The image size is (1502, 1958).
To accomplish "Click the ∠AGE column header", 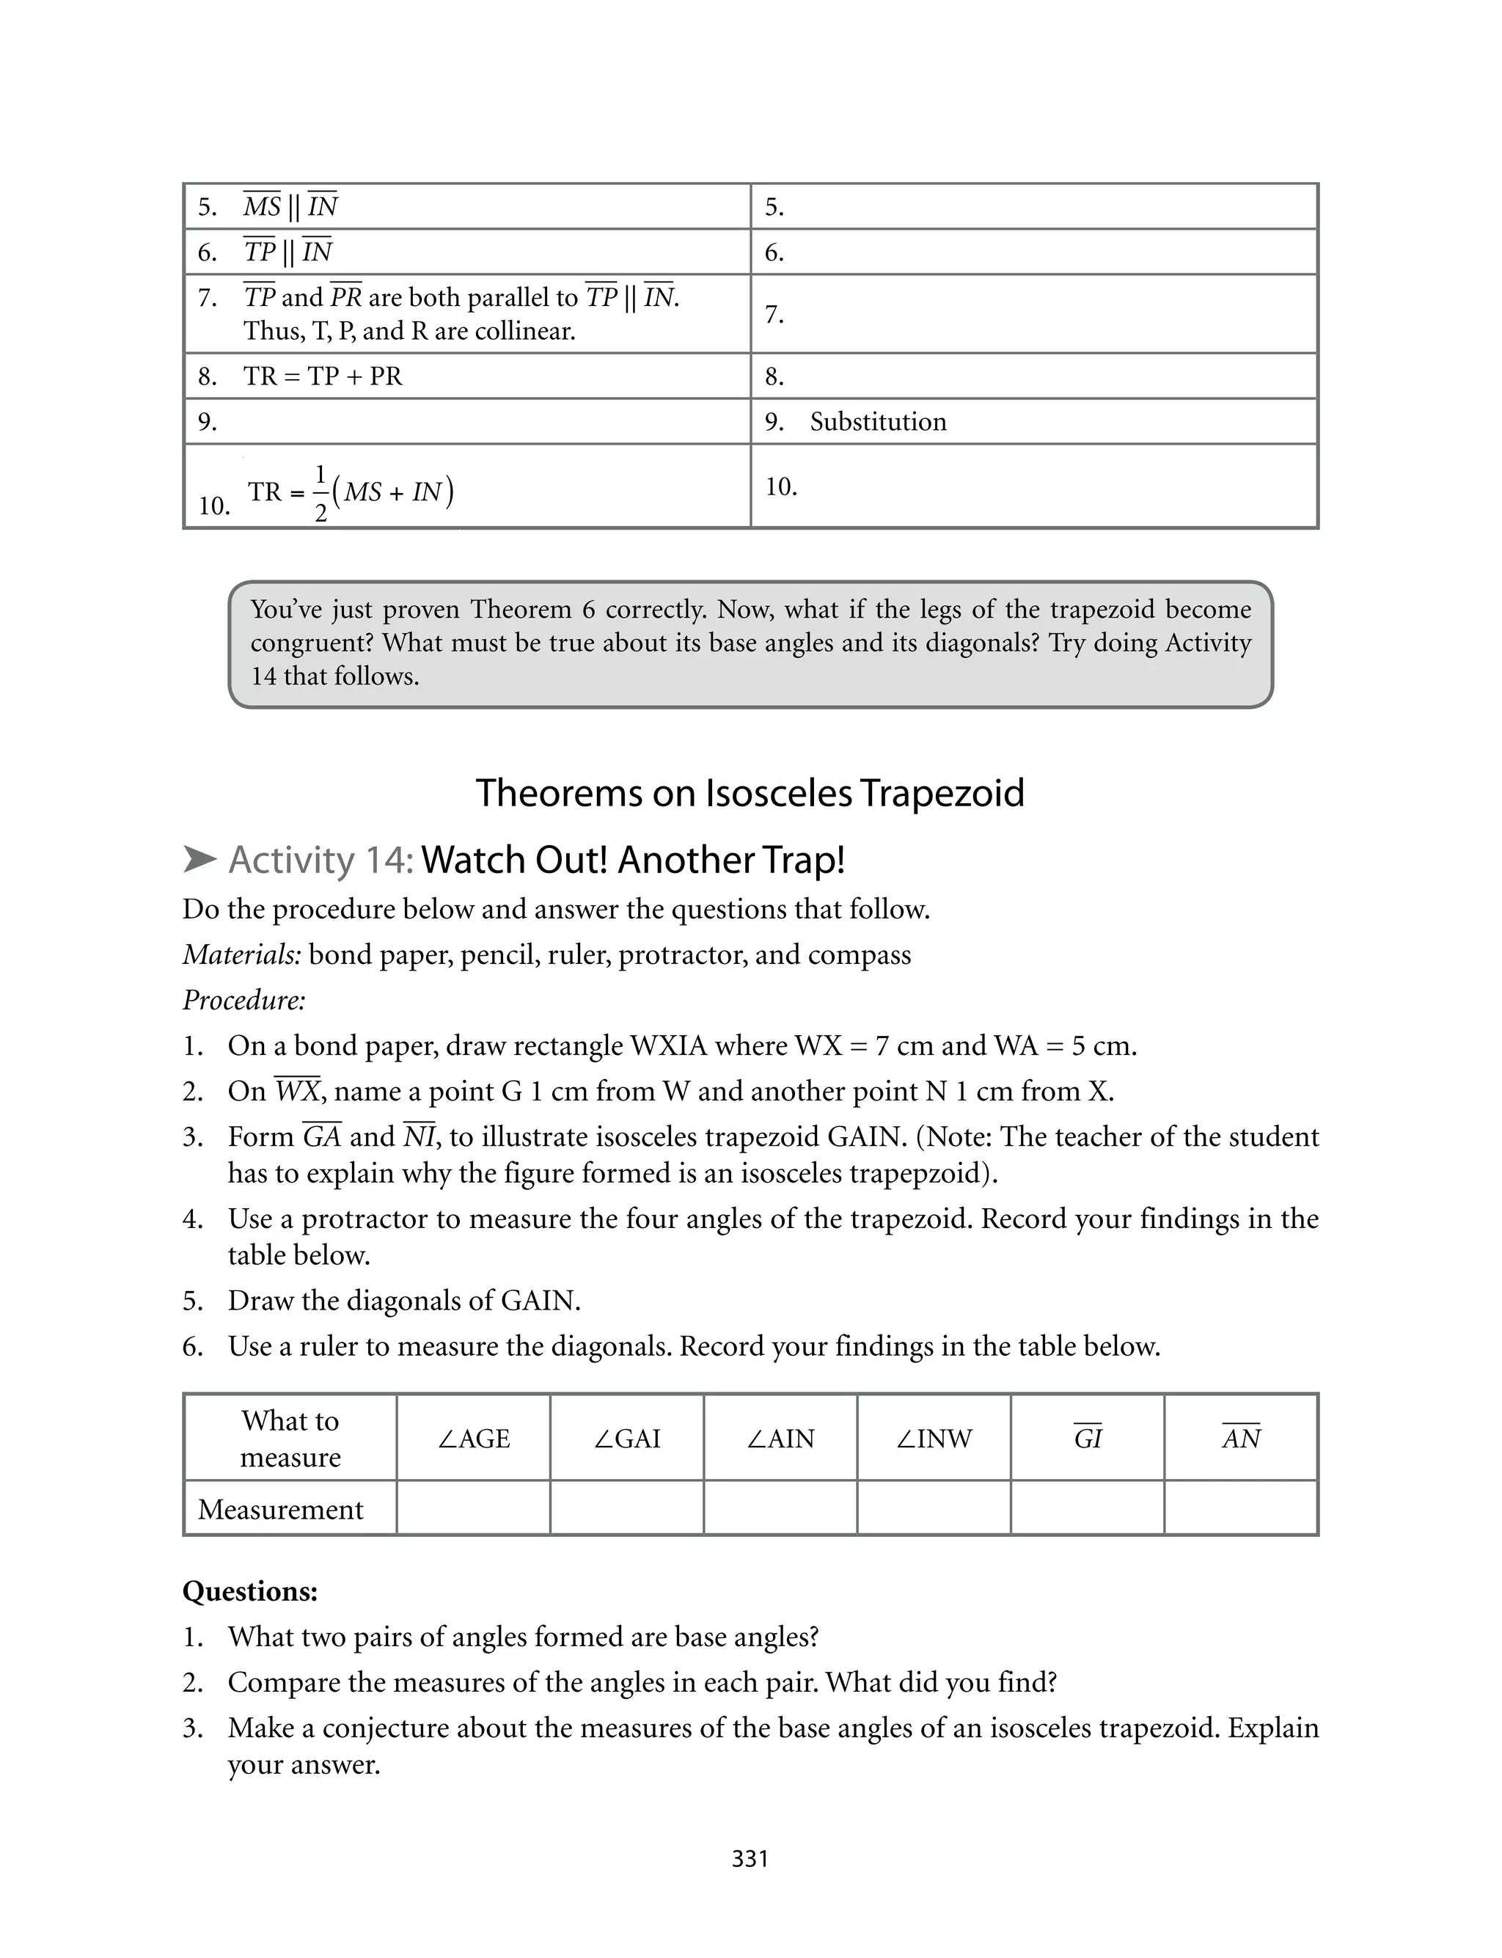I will click(473, 1439).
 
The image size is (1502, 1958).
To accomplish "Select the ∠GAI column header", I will click(627, 1439).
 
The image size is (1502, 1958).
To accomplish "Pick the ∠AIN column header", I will click(780, 1439).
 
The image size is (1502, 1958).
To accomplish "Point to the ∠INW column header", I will click(934, 1439).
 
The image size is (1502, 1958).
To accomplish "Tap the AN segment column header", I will click(1241, 1438).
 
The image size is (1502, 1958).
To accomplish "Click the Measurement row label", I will click(280, 1509).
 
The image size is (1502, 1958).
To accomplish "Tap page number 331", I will click(750, 1859).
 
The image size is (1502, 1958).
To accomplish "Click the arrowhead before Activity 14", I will click(199, 860).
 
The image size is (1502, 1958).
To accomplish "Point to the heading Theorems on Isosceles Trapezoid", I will click(750, 793).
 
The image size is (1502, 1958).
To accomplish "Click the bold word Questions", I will click(250, 1591).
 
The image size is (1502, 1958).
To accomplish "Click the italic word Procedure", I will click(244, 1000).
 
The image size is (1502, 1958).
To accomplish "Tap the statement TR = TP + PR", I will click(323, 376).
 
